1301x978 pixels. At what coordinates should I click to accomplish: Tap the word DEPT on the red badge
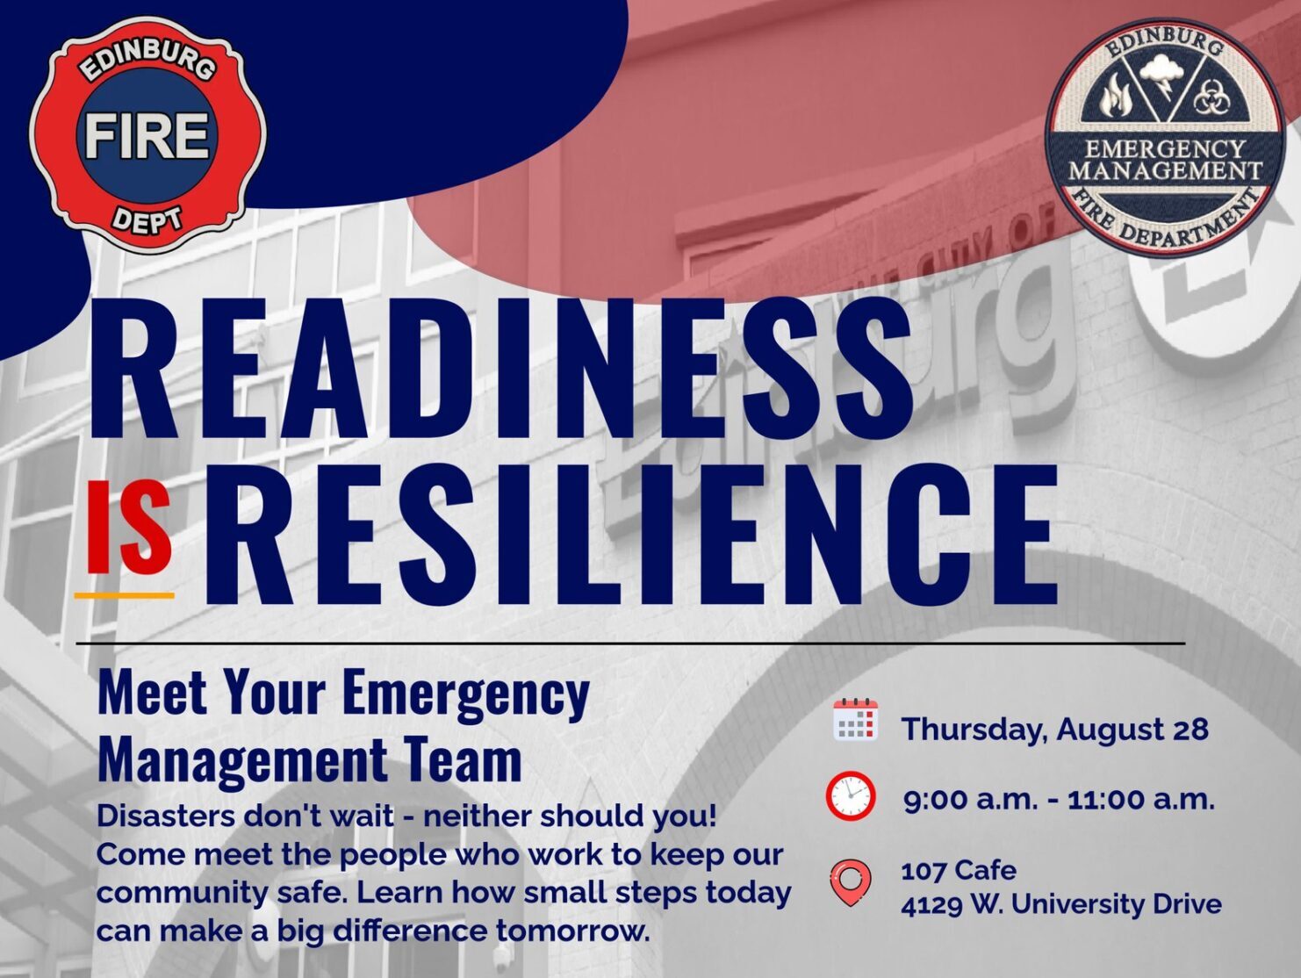tap(147, 221)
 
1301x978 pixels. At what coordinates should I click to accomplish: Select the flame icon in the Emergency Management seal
tap(1116, 97)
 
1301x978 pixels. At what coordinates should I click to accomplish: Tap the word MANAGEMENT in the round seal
tap(1165, 170)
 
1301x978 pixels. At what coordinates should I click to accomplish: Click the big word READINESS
tap(501, 369)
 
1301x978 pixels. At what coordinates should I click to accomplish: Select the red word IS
tap(129, 529)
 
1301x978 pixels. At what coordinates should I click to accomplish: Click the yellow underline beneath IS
tap(125, 594)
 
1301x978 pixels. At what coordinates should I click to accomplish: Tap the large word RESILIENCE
tap(631, 535)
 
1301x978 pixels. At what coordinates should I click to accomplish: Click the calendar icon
tap(855, 720)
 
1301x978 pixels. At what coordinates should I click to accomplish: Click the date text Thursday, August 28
tap(1055, 730)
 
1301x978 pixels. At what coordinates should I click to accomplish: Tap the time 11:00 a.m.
tap(1141, 800)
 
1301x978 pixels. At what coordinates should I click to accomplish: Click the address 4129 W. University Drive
tap(1061, 905)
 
